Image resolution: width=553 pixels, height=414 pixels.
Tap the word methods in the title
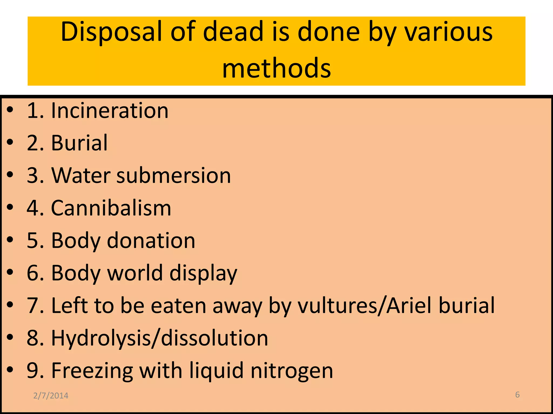[276, 68]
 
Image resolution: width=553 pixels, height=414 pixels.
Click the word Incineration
[110, 111]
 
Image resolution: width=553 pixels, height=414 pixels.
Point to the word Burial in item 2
[79, 143]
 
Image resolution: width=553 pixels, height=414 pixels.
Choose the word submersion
[174, 175]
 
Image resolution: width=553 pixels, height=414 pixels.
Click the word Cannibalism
[111, 208]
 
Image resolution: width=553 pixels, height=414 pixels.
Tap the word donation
[151, 240]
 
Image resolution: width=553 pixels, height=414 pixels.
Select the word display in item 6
[203, 273]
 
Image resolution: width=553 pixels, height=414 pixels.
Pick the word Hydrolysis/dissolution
[160, 338]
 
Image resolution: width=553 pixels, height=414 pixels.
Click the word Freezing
[92, 371]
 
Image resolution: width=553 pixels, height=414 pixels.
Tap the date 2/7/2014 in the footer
[51, 396]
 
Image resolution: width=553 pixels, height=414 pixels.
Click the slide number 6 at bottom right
[517, 395]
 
